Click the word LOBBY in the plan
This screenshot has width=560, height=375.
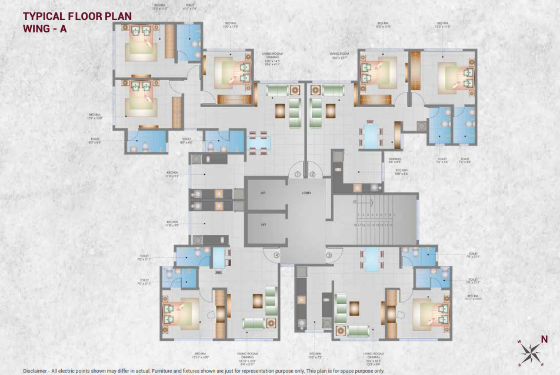pos(306,193)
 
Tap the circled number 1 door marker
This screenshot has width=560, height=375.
pos(298,174)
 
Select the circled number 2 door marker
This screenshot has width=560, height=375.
pos(313,174)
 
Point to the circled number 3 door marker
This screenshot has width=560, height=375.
pos(329,255)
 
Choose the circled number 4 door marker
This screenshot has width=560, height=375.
pos(276,255)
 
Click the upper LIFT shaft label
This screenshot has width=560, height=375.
pos(263,193)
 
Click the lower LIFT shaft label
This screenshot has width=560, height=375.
pos(263,224)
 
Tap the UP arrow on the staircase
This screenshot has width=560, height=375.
pos(355,203)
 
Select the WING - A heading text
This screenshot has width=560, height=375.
pos(45,28)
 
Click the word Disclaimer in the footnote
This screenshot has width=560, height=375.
pos(36,371)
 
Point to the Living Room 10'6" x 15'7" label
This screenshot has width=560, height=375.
pos(339,55)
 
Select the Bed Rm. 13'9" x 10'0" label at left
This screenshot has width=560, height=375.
pos(96,117)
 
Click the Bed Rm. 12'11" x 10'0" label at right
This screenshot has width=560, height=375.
pos(475,298)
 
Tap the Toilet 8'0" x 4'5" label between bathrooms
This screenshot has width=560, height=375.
pos(186,141)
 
